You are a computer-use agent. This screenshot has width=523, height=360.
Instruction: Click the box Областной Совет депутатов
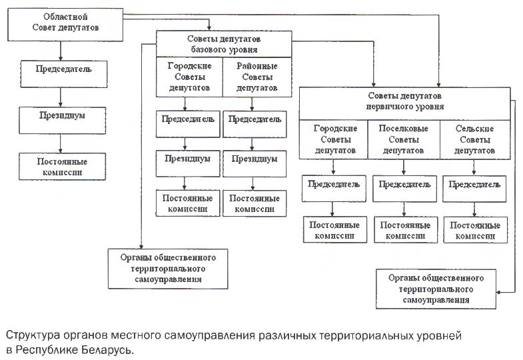[x=65, y=25]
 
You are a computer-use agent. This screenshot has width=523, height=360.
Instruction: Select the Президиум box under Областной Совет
[x=63, y=121]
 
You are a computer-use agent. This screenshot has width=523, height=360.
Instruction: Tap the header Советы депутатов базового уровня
[x=224, y=44]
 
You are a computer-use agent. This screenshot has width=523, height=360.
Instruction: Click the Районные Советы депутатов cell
[x=257, y=77]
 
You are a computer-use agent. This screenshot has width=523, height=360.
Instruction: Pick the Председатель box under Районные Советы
[x=255, y=124]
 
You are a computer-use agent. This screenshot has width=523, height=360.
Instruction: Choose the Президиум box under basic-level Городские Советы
[x=188, y=163]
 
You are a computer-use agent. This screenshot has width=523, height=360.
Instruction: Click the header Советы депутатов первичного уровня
[x=404, y=103]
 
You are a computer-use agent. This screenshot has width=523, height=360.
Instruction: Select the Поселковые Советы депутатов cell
[x=404, y=139]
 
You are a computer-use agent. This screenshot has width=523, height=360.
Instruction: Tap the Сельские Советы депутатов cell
[x=475, y=139]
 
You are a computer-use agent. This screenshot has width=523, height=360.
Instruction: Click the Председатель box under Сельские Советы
[x=474, y=189]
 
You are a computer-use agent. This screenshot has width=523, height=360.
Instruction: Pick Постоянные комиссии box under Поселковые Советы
[x=406, y=230]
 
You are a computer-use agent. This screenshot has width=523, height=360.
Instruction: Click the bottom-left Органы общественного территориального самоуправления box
[x=168, y=269]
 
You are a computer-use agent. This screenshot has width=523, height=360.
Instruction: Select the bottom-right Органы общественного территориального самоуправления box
[x=436, y=289]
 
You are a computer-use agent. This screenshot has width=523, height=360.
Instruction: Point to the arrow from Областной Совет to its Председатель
[x=61, y=51]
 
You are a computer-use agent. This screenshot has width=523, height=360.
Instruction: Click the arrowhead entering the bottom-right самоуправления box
[x=498, y=292]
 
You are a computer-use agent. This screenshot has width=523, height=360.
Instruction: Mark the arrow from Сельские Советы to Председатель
[x=474, y=167]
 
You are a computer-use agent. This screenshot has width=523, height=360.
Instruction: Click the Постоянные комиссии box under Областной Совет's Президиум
[x=63, y=167]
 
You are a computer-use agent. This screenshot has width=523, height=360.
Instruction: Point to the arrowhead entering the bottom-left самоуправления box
[x=141, y=247]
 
